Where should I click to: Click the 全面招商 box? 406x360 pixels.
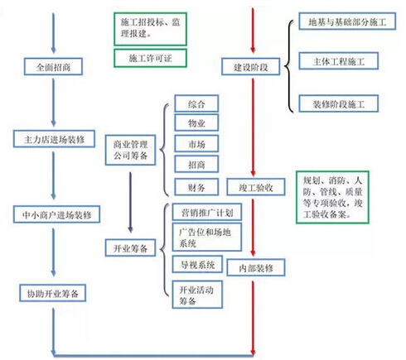point(53,66)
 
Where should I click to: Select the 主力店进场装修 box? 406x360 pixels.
point(54,139)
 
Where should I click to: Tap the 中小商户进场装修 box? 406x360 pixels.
point(56,214)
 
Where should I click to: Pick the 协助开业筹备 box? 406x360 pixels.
point(53,293)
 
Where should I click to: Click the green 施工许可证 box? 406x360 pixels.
point(150,58)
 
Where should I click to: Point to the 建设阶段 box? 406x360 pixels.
point(251,66)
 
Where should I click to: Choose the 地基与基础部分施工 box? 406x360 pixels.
point(347,22)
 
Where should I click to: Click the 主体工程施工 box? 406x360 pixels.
point(339,61)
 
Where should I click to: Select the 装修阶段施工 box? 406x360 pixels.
point(339,103)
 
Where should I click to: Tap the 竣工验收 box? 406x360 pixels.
point(256,187)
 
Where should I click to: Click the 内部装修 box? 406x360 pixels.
point(256,267)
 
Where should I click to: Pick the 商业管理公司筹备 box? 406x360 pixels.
point(130,150)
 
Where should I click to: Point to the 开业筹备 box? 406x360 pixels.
point(130,247)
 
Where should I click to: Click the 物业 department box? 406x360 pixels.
point(196,122)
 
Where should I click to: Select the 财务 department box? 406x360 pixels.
point(196,187)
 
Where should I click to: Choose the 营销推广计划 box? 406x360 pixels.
point(207,212)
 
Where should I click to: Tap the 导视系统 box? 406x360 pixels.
point(197,264)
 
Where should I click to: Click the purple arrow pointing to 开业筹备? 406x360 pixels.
point(130,202)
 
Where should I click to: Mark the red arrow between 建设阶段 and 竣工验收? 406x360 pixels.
point(253,127)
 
